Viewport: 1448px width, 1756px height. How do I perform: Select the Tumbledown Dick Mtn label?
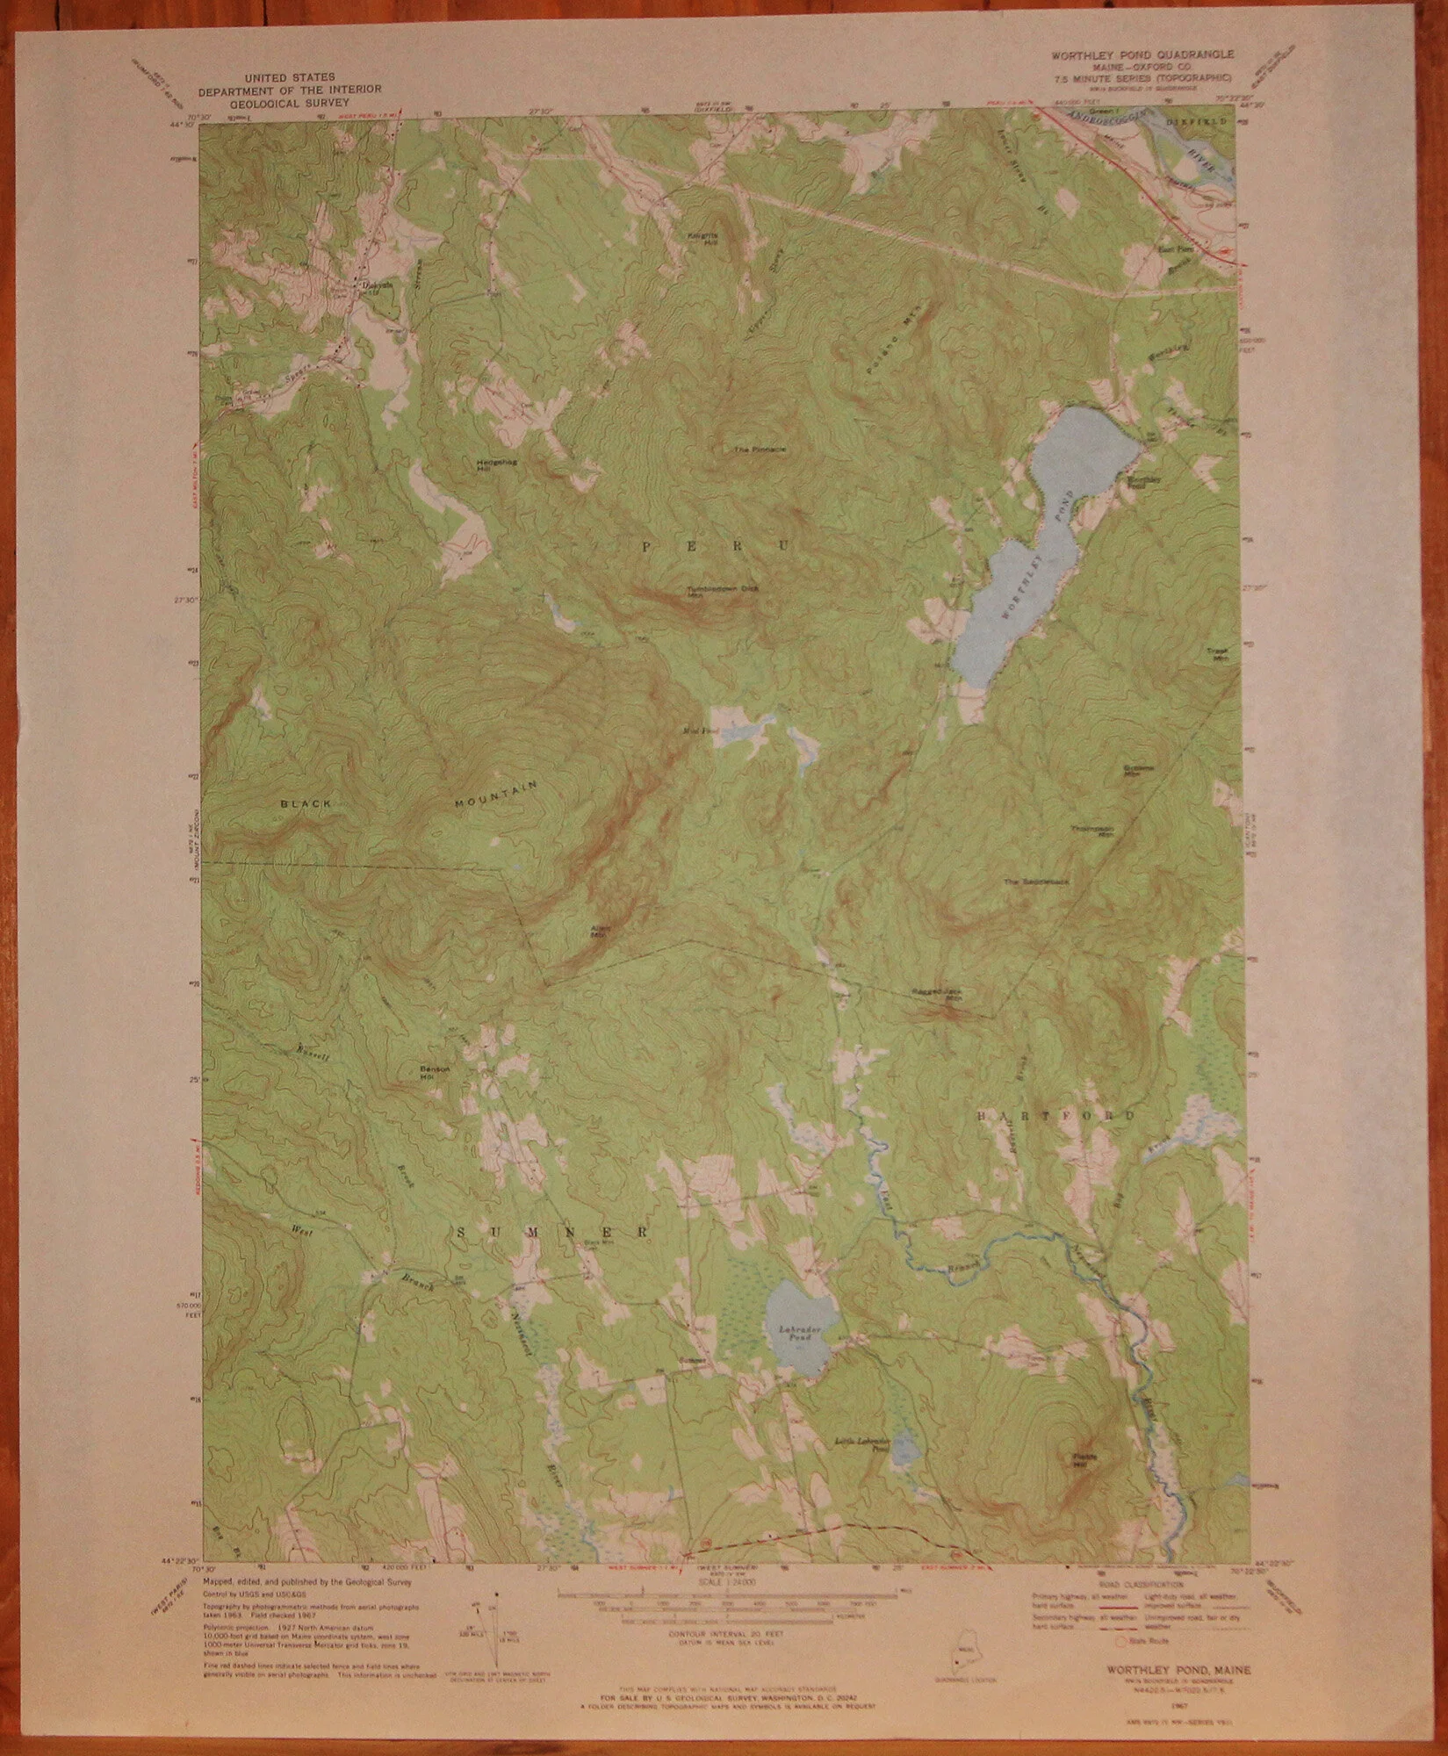[x=722, y=590]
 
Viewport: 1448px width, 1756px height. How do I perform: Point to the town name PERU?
[x=715, y=546]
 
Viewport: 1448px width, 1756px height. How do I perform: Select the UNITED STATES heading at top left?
[x=289, y=77]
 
